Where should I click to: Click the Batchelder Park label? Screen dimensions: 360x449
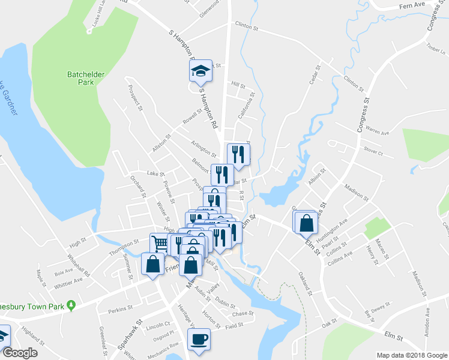(86, 79)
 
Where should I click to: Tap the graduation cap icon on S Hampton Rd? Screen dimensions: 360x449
(200, 72)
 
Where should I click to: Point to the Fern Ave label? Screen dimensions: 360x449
(412, 4)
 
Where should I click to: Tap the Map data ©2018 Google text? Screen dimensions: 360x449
(411, 355)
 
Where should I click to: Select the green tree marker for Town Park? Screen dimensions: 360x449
(71, 305)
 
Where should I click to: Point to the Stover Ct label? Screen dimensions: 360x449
(372, 150)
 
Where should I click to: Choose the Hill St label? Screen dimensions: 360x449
(239, 85)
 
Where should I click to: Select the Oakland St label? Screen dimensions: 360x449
(306, 283)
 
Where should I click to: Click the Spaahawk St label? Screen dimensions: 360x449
(129, 338)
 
